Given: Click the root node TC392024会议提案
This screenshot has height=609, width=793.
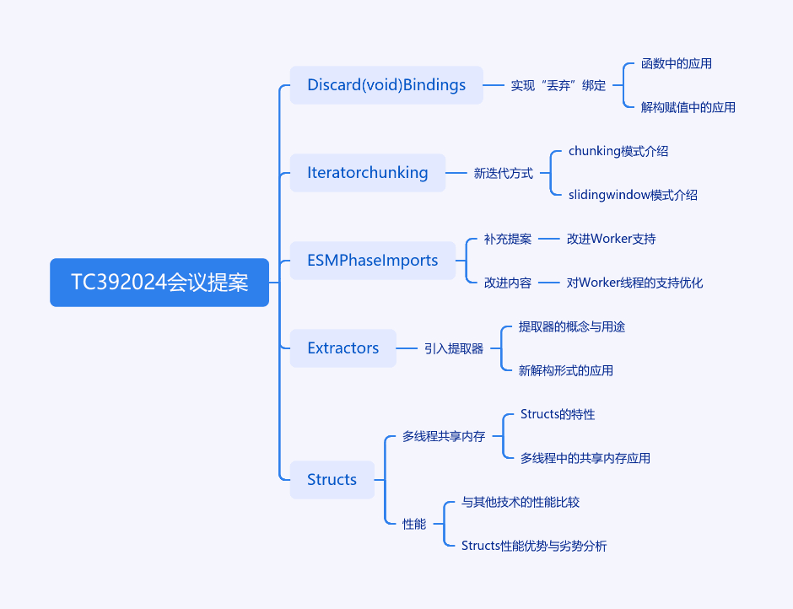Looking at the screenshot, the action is (x=159, y=283).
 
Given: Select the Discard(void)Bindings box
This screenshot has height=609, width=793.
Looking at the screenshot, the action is (x=386, y=85).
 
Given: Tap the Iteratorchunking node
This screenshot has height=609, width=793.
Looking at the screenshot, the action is (x=368, y=172).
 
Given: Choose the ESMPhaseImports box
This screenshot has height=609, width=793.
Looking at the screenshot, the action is (x=373, y=261).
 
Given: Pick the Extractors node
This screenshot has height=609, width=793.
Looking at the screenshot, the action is (x=343, y=348).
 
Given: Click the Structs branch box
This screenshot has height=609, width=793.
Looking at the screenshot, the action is (x=332, y=479).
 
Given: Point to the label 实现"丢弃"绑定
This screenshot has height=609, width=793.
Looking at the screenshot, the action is (x=558, y=85).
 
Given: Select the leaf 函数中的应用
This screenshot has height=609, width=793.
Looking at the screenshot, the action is (x=677, y=64).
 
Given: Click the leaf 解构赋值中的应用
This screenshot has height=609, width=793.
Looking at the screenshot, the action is (x=688, y=107).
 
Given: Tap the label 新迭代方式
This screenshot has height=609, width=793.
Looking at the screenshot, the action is (x=503, y=174).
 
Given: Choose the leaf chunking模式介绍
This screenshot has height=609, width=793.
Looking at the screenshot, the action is (x=618, y=151).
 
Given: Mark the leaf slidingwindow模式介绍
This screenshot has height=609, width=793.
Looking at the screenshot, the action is (x=633, y=195).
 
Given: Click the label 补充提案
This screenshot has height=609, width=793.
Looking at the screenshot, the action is (x=508, y=239).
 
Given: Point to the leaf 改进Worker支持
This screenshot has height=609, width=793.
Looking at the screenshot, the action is (x=611, y=239).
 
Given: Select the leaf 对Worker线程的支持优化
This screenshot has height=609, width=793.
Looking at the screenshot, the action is (x=634, y=283).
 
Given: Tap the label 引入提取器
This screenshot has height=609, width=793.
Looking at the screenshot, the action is (x=454, y=348).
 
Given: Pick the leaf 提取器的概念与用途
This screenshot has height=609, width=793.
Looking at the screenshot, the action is (x=571, y=326).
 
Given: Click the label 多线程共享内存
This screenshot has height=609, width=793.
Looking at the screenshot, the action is (x=444, y=436).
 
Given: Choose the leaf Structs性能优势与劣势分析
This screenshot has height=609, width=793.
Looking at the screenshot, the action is (x=534, y=546).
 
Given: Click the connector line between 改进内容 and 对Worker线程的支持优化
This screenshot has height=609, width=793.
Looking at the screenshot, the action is (x=548, y=283).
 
